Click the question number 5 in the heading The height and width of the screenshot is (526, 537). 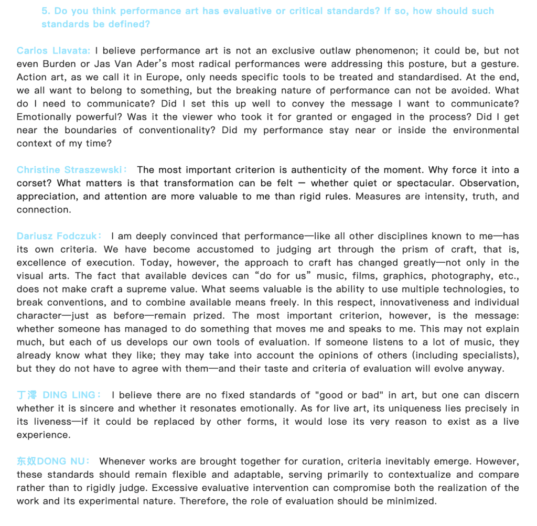pyautogui.click(x=45, y=11)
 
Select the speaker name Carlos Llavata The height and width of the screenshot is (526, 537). pyautogui.click(x=53, y=51)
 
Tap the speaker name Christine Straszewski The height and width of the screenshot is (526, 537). pyautogui.click(x=71, y=170)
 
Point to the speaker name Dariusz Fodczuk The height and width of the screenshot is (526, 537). pyautogui.click(x=58, y=237)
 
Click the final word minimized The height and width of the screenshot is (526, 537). pyautogui.click(x=411, y=501)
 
